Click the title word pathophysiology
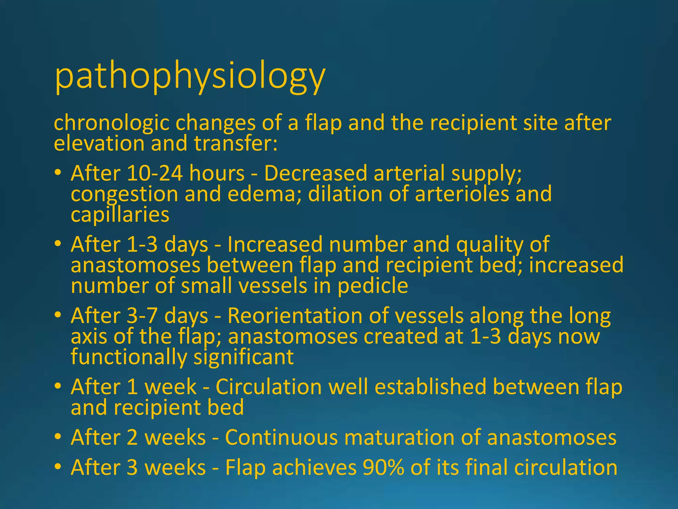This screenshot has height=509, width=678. (x=190, y=77)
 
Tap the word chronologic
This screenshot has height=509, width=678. (x=112, y=123)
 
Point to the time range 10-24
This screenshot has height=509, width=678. (x=155, y=173)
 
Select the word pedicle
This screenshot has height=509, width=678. (x=372, y=286)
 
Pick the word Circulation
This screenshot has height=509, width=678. (x=268, y=387)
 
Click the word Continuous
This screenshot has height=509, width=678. (x=281, y=437)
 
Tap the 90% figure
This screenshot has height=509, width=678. (x=383, y=468)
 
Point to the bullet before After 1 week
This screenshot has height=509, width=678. (x=58, y=386)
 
